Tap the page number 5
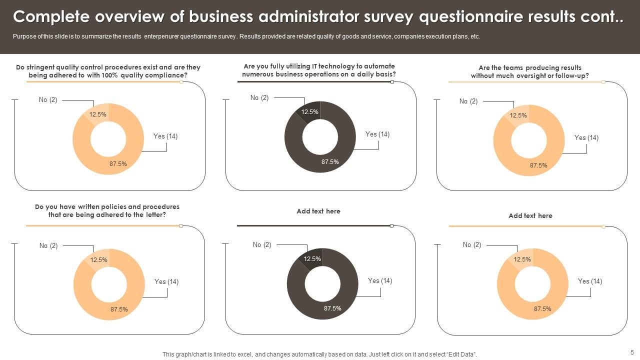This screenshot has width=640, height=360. click(632, 352)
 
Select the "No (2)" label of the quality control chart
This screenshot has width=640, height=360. click(48, 100)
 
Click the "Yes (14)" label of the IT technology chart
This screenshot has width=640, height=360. click(377, 134)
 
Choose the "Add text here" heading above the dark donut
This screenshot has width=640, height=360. click(318, 211)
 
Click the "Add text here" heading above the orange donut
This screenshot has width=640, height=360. click(530, 216)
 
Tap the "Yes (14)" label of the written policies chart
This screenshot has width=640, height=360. click(166, 282)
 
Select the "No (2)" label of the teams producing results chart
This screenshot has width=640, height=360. click(468, 101)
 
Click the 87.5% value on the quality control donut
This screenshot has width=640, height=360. click(118, 163)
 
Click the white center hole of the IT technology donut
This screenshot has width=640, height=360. click(320, 136)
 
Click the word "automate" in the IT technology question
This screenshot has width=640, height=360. click(379, 66)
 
